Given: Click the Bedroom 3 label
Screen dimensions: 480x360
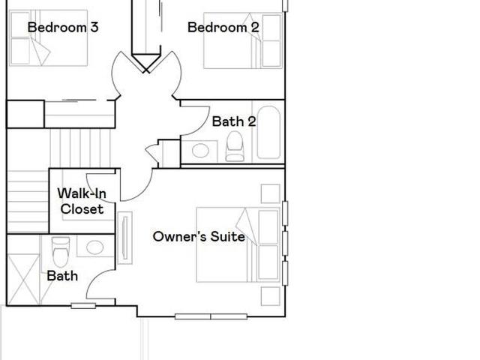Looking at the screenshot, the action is point(63,27).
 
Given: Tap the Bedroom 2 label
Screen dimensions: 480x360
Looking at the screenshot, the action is point(223,27).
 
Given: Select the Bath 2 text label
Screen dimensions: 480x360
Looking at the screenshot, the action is point(234,121).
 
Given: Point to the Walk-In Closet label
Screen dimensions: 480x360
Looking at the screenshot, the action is point(82,202).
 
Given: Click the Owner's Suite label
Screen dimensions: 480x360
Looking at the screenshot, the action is point(199,237).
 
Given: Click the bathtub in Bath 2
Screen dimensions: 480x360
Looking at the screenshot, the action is point(268,133).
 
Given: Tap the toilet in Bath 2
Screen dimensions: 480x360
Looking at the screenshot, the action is point(235,146).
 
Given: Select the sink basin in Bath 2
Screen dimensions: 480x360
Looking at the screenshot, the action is point(200,151).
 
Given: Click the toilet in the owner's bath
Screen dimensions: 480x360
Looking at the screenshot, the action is point(61,252).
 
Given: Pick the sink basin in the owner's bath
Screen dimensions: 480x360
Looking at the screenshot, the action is point(95,247).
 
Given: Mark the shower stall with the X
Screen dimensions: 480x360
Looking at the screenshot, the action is point(23,280).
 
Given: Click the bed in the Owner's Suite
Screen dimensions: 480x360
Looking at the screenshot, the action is point(238,244).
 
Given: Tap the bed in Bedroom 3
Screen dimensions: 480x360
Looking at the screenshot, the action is point(48,38).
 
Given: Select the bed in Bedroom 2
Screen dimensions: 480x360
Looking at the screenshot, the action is point(243,40).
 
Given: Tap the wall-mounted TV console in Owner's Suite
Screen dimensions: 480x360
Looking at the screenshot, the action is point(125,238).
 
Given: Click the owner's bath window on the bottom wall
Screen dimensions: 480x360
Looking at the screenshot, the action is point(83,305).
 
